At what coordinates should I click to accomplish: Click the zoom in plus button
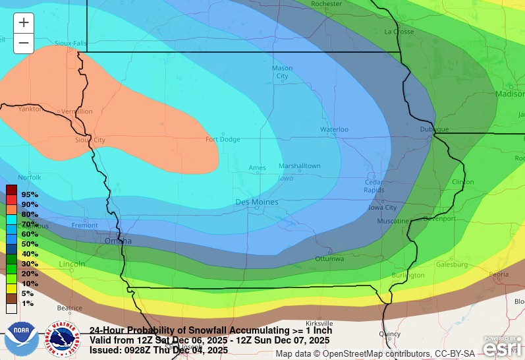pos(24,22)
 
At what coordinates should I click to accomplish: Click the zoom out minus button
pos(24,44)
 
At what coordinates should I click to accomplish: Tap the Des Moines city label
pos(257,202)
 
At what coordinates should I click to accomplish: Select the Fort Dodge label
pos(223,139)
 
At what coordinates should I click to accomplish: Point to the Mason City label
pos(282,72)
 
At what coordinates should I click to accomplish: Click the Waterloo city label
pos(334,129)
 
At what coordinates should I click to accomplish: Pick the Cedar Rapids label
pos(375,186)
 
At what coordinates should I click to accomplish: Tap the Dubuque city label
pos(434,129)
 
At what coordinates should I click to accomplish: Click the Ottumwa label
pos(329,258)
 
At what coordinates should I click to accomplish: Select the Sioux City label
pos(90,140)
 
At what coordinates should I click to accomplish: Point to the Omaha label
pos(119,241)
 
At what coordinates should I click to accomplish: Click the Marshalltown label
pos(299,165)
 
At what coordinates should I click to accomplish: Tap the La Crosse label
pos(399,31)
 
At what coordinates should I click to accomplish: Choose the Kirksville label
pos(319,323)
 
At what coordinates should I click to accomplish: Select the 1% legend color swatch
pos(11,308)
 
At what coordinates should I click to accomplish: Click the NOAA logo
pos(21,337)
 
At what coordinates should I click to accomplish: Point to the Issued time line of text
pos(159,350)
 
